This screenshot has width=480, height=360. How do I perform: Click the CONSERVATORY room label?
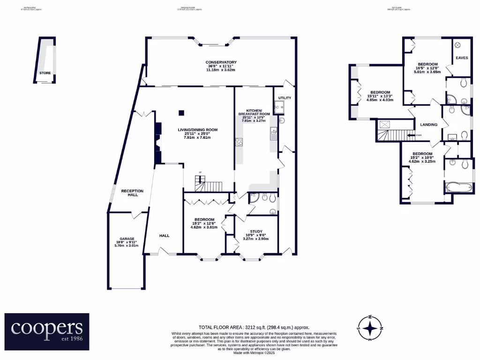(221, 62)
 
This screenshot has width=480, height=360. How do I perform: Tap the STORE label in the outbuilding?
(45, 73)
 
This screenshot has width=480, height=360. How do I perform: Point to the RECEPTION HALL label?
(132, 193)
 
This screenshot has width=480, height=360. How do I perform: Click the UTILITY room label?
(285, 98)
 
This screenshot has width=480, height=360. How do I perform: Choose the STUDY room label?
(255, 231)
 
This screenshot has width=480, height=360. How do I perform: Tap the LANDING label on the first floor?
(429, 125)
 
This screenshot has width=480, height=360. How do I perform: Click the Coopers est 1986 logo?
(47, 331)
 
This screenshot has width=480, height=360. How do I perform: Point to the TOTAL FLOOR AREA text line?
(254, 328)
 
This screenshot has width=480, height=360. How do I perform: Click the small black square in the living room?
(181, 112)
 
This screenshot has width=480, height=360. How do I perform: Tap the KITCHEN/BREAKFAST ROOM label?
(254, 112)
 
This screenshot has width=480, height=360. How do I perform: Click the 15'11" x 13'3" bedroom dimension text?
(381, 97)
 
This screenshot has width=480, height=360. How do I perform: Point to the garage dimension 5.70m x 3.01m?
(124, 245)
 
